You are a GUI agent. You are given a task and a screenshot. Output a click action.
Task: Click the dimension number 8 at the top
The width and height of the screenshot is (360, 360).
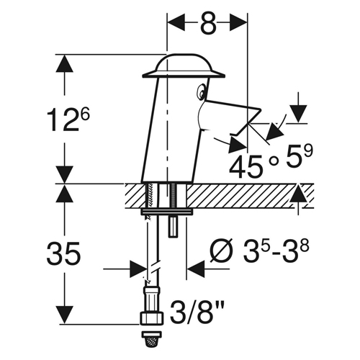coord(208,24)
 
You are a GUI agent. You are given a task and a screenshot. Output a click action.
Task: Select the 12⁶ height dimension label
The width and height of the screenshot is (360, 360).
coord(68,120)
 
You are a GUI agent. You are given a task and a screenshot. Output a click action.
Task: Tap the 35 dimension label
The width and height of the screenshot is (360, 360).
coord(63,253)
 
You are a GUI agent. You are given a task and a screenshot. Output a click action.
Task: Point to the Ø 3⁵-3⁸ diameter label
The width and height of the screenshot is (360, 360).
coord(259,251)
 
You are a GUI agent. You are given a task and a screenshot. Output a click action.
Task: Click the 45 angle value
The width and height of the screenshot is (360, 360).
coord(246,166)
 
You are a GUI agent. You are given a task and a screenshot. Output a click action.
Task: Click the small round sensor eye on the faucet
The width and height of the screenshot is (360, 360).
coord(200,91)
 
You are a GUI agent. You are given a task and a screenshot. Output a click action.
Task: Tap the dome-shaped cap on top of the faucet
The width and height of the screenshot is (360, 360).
coord(184,66)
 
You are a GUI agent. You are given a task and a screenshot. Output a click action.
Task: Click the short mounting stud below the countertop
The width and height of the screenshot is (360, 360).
coord(173,228)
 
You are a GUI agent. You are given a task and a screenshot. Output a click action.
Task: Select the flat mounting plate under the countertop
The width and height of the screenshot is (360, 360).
coord(167,212)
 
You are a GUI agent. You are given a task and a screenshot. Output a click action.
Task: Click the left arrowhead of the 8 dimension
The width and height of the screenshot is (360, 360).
coord(176,22)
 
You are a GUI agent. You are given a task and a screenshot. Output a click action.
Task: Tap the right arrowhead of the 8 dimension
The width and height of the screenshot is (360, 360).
coord(238,22)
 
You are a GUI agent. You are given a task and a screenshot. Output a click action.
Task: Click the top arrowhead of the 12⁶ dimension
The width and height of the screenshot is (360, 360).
coord(64,63)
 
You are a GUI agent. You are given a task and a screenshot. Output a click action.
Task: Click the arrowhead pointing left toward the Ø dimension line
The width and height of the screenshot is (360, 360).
coord(196,269)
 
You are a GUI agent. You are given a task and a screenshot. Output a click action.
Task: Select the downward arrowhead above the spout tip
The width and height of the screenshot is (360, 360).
coord(298,114)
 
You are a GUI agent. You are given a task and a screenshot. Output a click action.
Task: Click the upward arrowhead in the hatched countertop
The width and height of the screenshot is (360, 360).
coord(298,193)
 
